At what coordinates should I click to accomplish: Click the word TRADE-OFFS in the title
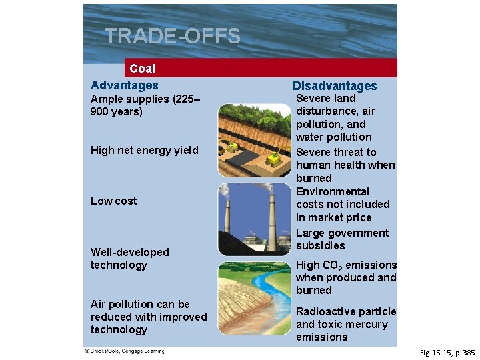[x=173, y=37]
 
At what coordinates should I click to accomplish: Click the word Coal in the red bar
[x=142, y=69]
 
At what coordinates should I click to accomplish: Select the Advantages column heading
[x=125, y=85]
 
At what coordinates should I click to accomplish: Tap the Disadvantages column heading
[x=335, y=86]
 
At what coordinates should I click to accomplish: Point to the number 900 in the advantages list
[x=100, y=112]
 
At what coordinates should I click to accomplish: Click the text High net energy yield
[x=145, y=150]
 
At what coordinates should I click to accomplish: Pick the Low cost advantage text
[x=113, y=201]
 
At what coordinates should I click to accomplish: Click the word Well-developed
[x=130, y=252]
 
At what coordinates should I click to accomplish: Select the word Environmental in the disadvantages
[x=333, y=191]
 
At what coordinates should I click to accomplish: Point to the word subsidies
[x=321, y=245]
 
